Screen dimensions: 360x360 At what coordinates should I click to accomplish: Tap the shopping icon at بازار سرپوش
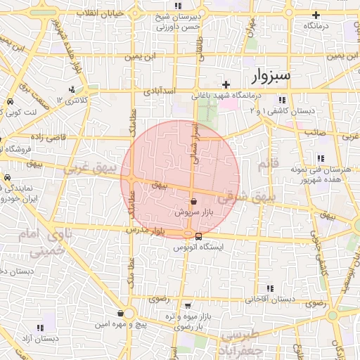pos(193,201)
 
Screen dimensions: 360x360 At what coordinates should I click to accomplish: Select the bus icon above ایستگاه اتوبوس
pos(198,236)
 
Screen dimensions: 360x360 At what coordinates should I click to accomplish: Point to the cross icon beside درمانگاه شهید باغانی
pos(226,84)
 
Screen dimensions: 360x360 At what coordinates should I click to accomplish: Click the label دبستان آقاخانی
pos(269,299)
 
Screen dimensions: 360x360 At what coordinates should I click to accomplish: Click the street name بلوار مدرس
pos(142,231)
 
